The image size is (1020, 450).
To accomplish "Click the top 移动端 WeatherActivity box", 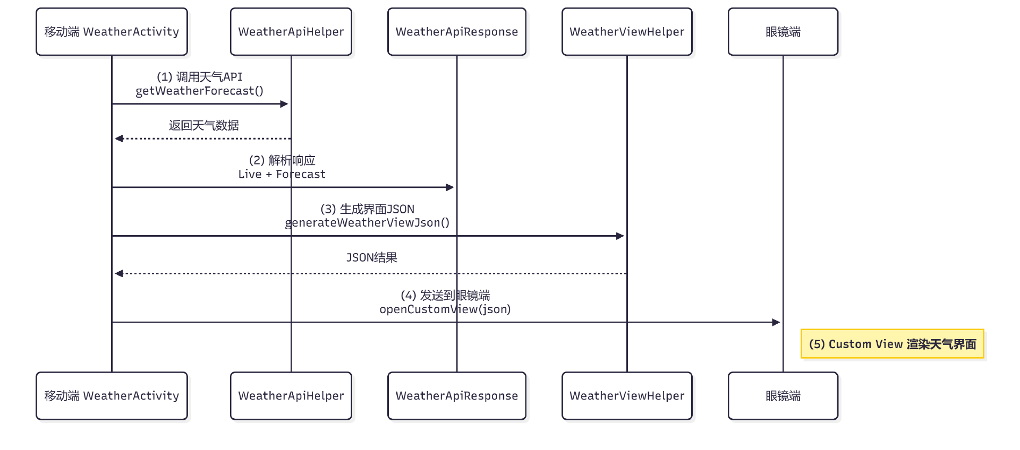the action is coord(112,32).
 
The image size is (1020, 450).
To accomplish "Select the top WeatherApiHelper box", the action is coord(291,32).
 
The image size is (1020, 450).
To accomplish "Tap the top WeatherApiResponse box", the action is coord(457,32).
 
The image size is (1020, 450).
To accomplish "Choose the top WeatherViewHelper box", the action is coord(627,32).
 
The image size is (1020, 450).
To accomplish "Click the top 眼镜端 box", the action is coord(783,32).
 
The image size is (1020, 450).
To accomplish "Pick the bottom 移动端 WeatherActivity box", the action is coord(112,396).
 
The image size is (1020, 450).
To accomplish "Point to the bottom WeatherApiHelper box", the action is coord(291,396).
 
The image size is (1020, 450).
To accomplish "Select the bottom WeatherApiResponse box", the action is coord(457,396).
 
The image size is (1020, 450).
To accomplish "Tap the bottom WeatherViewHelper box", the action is coord(627,396).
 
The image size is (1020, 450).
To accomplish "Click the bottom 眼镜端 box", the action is coord(783,396).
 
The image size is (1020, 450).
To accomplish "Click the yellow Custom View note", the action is coord(892,344).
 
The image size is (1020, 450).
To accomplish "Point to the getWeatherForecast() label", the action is coord(200,91).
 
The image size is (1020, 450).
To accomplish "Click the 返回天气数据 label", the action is coord(204,125).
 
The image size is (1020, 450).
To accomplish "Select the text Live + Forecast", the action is coord(282,174).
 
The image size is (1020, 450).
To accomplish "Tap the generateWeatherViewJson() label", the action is coord(368,223).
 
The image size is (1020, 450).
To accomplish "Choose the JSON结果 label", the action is coord(372,257).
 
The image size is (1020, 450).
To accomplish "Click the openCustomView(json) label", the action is coord(445,309).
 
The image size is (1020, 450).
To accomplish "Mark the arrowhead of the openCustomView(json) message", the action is coord(776,322).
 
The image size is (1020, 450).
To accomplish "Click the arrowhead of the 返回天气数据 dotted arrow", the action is coord(119,139).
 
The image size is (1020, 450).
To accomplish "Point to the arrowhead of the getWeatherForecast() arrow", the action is coord(284,104).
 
